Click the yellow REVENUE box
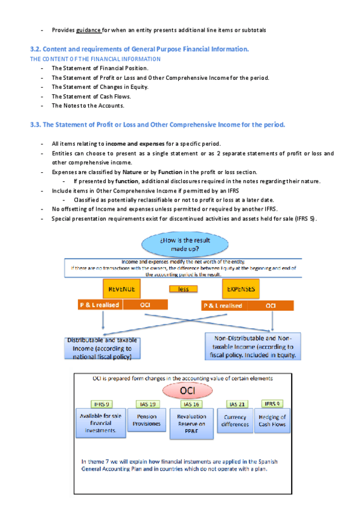[122, 289]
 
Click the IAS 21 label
[235, 404]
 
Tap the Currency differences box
[235, 420]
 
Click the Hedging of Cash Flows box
[272, 420]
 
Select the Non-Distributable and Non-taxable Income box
[252, 346]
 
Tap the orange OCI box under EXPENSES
[271, 306]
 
